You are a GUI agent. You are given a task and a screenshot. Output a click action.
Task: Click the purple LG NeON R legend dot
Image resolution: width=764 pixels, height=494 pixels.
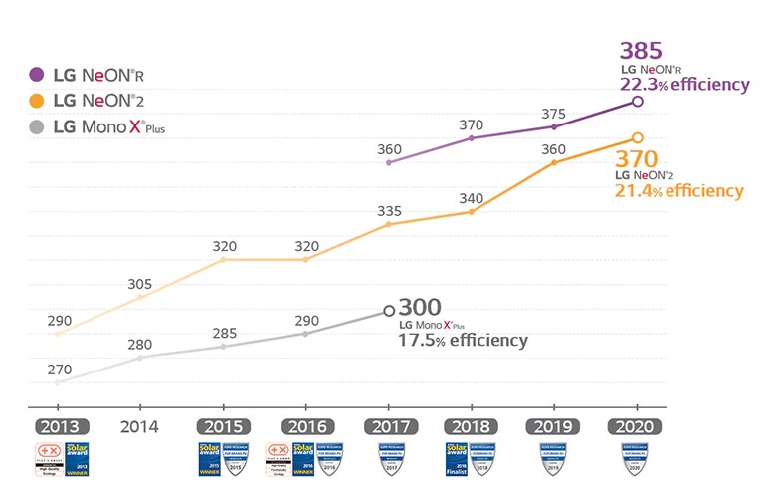(x=37, y=74)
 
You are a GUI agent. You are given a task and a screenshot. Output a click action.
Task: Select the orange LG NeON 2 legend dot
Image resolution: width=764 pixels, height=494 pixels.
(x=37, y=100)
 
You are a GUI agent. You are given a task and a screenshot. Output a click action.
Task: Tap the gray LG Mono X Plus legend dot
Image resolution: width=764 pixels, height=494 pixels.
(x=37, y=126)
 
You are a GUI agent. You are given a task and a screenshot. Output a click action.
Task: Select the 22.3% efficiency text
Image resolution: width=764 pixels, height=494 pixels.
(x=683, y=85)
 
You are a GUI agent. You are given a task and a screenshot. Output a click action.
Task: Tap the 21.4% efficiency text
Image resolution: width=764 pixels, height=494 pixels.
(x=679, y=190)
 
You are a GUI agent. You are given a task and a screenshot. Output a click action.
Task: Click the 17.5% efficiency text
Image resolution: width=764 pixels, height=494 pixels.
(x=463, y=341)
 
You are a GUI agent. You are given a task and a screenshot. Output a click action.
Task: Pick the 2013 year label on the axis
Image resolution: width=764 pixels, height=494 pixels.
(x=62, y=426)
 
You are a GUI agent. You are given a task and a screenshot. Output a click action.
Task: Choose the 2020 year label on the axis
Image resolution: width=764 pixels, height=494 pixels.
(x=635, y=426)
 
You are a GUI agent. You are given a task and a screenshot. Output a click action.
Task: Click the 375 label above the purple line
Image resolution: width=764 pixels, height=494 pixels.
(x=553, y=113)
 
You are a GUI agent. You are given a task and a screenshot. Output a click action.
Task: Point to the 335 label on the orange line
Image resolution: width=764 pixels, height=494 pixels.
(x=389, y=210)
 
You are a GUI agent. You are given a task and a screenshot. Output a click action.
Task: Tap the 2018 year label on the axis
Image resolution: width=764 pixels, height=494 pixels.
(x=471, y=426)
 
